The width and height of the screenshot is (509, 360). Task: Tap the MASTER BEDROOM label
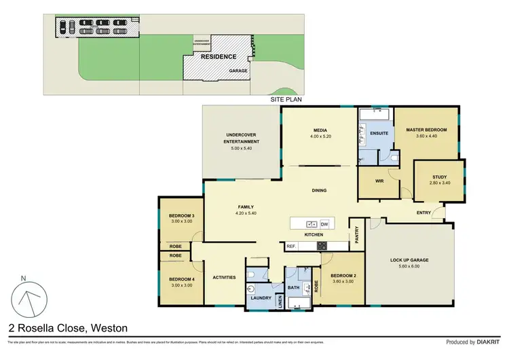pyautogui.click(x=426, y=130)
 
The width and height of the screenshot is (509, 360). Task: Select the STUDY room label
pyautogui.click(x=440, y=178)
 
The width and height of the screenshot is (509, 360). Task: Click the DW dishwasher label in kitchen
pyautogui.click(x=324, y=224)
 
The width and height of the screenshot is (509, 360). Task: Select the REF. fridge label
pyautogui.click(x=290, y=246)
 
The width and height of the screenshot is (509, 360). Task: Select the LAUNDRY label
pyautogui.click(x=261, y=298)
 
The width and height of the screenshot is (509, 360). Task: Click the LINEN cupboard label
pyautogui.click(x=281, y=299)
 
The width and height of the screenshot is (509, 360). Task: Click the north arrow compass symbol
pyautogui.click(x=29, y=297)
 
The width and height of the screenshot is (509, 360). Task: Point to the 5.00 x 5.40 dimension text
pyautogui.click(x=242, y=148)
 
